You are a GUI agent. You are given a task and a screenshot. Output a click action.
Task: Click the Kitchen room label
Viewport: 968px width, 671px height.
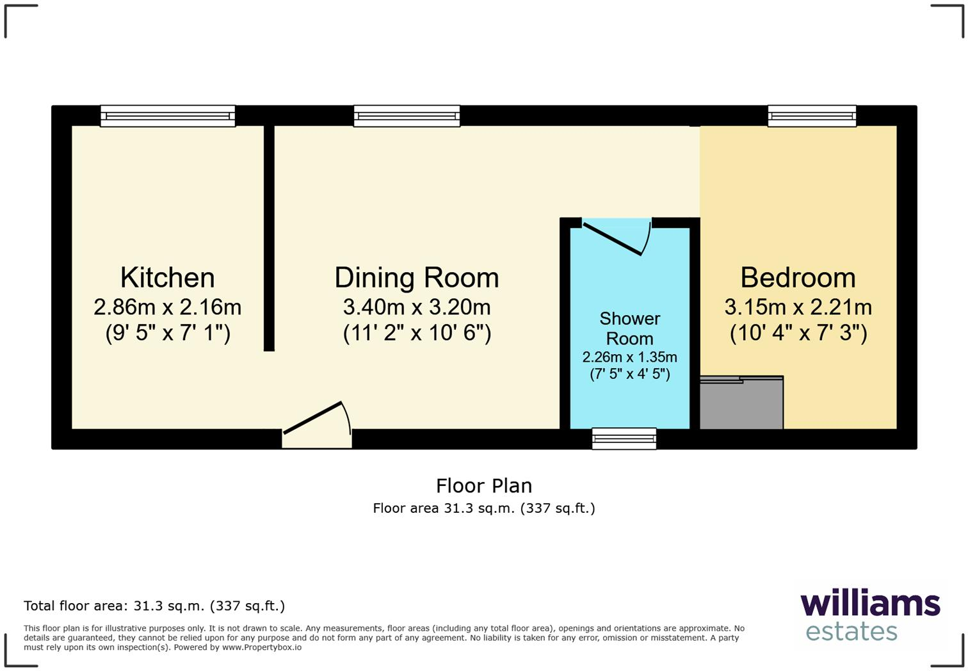167,278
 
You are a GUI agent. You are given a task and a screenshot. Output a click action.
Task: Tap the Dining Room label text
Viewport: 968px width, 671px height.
416,278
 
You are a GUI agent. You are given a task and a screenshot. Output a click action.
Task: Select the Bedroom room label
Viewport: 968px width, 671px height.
798,278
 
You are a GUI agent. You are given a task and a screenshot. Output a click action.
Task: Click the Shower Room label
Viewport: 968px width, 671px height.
629,328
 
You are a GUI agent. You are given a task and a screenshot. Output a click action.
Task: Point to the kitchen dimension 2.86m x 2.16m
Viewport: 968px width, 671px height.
167,307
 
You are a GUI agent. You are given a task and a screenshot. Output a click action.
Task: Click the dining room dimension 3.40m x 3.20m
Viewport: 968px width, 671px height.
416,307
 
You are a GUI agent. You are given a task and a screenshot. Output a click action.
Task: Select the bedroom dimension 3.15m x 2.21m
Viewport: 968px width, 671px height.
798,307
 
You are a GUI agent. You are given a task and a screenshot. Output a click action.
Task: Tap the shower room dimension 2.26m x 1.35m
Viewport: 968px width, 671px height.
629,357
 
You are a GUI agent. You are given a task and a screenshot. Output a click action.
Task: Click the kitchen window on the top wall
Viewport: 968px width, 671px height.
168,116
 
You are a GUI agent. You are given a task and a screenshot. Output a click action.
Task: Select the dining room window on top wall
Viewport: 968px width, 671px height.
407,116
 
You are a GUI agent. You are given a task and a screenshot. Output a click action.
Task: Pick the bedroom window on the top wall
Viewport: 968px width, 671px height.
812,116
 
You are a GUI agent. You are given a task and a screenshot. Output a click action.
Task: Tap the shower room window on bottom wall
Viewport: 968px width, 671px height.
624,439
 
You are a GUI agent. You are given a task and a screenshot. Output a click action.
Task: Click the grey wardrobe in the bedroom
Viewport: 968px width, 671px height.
741,403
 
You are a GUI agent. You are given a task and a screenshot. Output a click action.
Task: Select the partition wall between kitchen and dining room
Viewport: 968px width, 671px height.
270,237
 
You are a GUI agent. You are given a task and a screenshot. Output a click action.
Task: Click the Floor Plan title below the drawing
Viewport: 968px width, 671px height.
483,486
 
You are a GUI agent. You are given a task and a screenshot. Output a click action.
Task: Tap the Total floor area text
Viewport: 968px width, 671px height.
154,606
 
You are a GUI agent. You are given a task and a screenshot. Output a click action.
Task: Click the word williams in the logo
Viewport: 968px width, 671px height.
869,604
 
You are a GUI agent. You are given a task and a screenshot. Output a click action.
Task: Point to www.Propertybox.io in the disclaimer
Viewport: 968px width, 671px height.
261,647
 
